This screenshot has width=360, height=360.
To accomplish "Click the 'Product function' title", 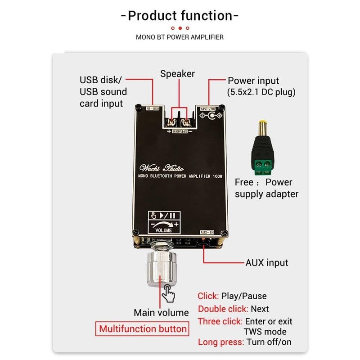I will coord(180,16).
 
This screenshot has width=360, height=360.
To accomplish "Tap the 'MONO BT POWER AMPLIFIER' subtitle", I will coord(180,37).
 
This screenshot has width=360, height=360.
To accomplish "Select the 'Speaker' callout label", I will coord(178,73).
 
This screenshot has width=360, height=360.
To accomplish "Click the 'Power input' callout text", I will coord(253,81).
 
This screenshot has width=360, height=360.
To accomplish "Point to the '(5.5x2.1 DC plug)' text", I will coord(261,93).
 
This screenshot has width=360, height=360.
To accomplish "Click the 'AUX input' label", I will coord(266,262).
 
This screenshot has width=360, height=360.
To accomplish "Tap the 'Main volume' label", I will coord(161,312).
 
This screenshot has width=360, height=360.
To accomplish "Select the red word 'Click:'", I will coord(208,296).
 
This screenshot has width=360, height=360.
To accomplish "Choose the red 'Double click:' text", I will coord(223,309).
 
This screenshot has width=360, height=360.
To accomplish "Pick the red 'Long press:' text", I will coord(221,342).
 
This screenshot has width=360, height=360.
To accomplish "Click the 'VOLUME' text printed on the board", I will coord(164,230).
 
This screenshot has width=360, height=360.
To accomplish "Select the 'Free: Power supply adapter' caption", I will coord(266,188).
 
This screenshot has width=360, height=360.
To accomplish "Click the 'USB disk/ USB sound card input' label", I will coord(103,92).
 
